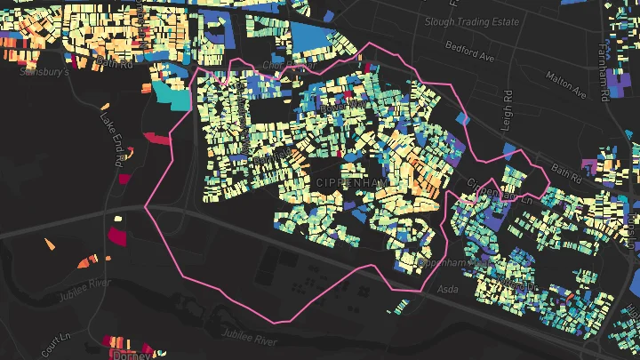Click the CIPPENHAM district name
[x=351, y=181]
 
